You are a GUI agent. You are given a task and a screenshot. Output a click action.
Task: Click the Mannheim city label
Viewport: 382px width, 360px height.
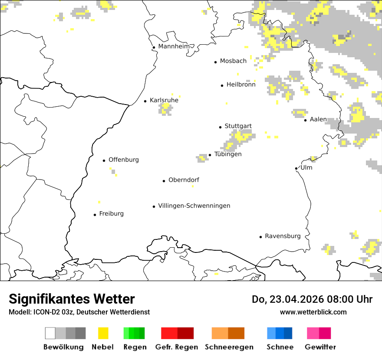coord(174,46)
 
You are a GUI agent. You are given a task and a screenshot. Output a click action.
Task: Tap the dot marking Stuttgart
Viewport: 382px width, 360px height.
coord(220,127)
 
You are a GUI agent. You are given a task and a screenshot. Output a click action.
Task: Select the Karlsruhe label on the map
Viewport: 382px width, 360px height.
coord(164,100)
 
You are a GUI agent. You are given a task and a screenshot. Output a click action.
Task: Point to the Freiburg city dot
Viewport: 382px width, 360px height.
coord(95,215)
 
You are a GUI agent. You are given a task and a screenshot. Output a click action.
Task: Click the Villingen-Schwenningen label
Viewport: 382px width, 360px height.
coord(194,206)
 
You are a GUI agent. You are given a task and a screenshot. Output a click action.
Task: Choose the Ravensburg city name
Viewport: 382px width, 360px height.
coord(283,236)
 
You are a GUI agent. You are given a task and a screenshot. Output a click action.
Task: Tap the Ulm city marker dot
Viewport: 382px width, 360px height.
coord(296,168)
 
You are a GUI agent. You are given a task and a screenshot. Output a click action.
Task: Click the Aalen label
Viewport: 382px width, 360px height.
coord(318,119)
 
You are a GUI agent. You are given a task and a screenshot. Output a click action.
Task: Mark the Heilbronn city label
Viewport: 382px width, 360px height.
coord(241,85)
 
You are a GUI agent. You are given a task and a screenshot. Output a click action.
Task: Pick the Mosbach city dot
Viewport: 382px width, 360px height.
coord(215,62)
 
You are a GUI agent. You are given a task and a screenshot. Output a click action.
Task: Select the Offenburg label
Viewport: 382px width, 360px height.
coord(124,160)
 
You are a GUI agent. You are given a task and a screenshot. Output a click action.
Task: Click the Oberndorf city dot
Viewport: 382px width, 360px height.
coord(164,181)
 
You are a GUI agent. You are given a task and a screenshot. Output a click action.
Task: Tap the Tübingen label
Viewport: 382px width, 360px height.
coord(228,154)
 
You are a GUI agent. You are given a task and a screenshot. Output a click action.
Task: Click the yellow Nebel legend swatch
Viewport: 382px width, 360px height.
coord(103,333)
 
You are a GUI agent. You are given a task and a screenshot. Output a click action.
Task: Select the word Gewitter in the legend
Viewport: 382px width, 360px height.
coord(320,347)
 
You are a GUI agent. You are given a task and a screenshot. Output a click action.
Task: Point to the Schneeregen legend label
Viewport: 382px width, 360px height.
coord(229,347)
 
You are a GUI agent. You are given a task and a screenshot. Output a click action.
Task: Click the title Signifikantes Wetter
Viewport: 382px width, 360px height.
coord(72,299)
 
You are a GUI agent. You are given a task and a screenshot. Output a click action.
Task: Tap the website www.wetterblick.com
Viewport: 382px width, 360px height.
coord(313,312)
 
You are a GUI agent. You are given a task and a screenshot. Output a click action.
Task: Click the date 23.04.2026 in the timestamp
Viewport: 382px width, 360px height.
coord(290,299)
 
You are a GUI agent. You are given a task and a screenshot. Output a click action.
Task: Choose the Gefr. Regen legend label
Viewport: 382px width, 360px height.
coord(176,347)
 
